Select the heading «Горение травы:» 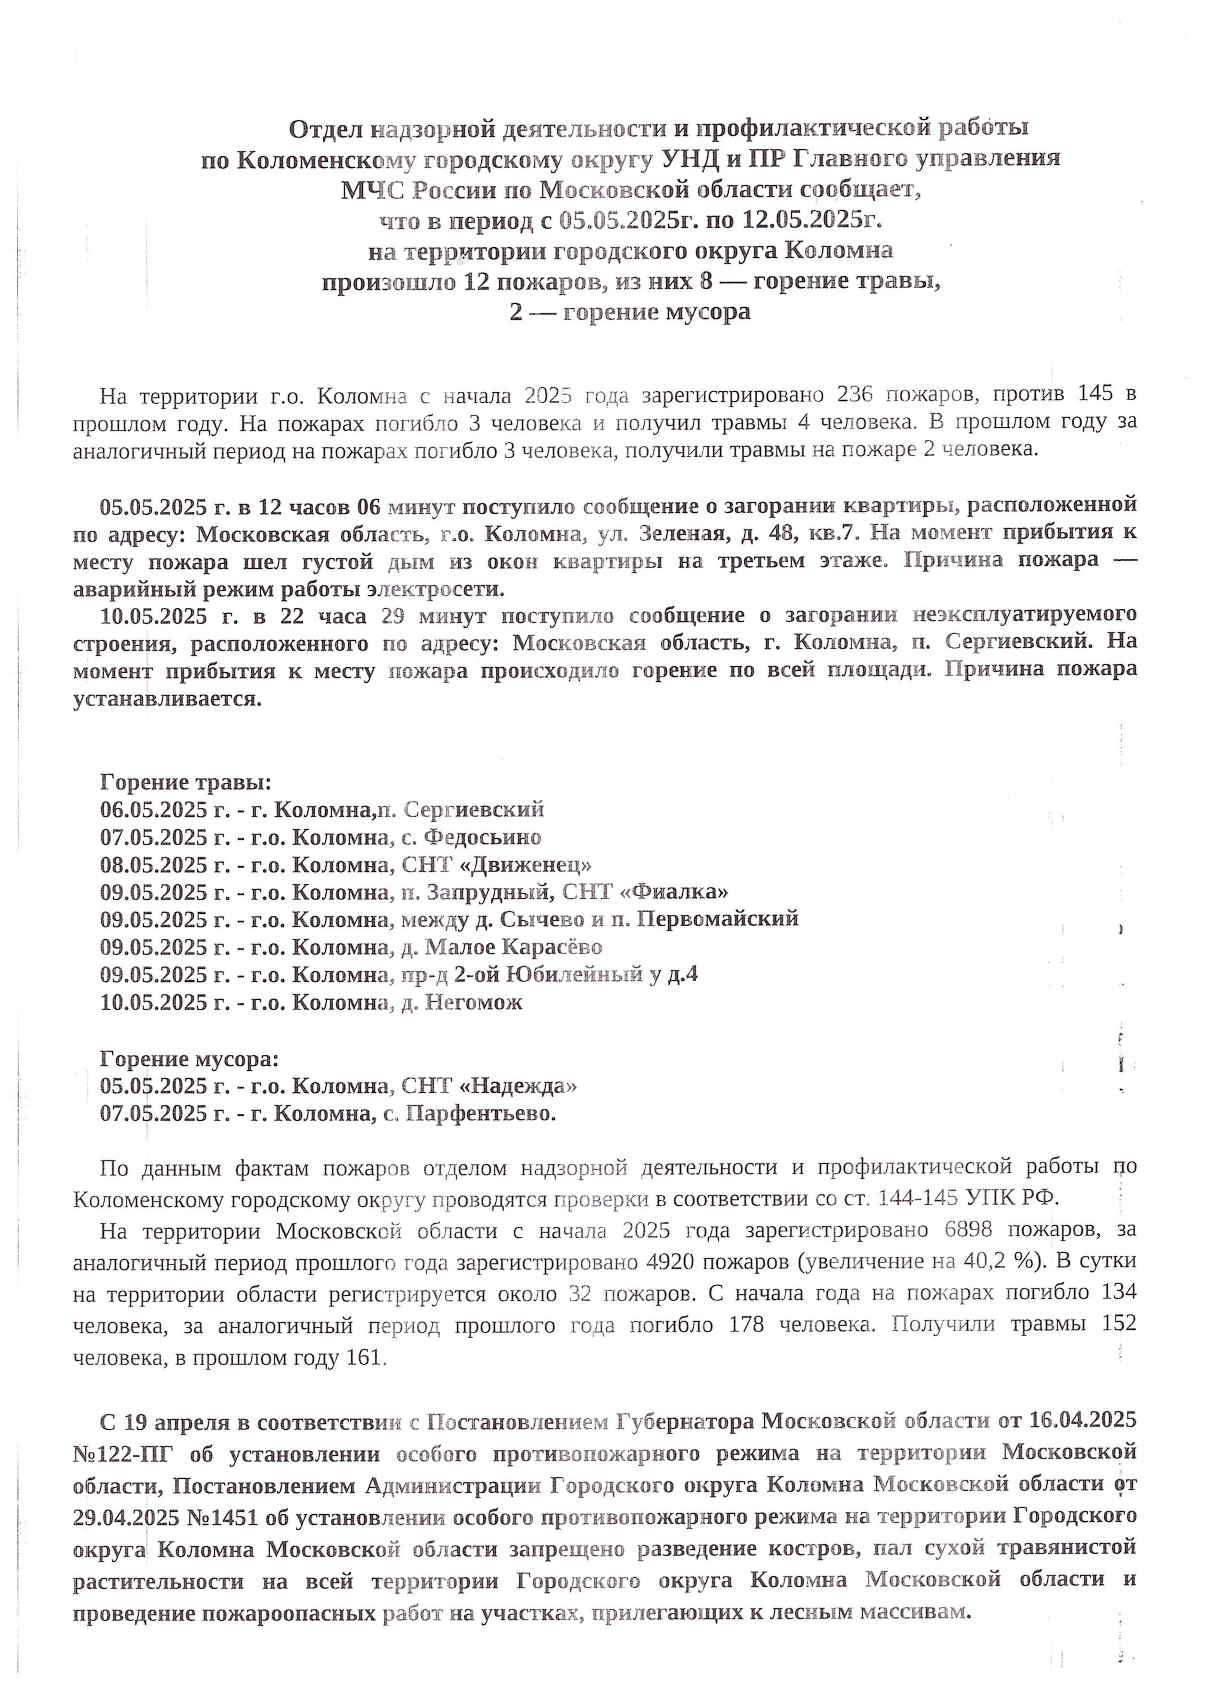(x=185, y=783)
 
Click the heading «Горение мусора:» (x=189, y=1059)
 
